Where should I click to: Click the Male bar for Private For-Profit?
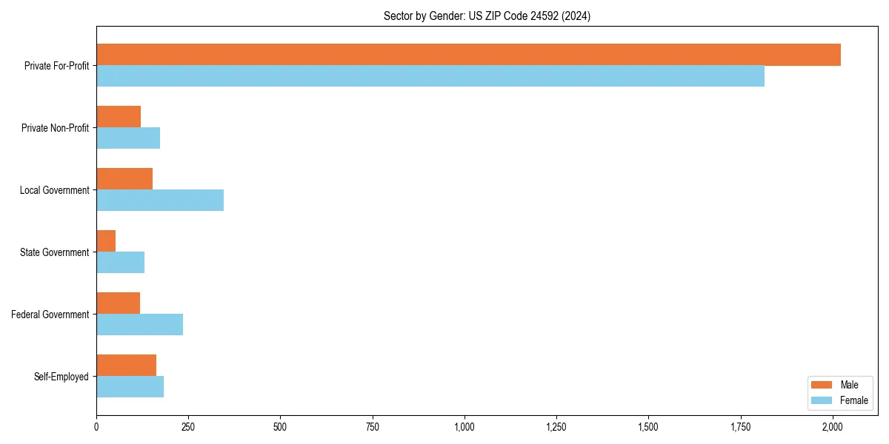pyautogui.click(x=468, y=55)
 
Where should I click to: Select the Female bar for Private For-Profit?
pyautogui.click(x=430, y=76)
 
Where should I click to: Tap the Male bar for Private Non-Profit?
pyautogui.click(x=119, y=117)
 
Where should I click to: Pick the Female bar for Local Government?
pyautogui.click(x=160, y=201)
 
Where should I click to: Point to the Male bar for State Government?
pyautogui.click(x=106, y=241)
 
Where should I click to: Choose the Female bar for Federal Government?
pyautogui.click(x=139, y=325)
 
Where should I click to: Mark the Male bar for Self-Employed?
pyautogui.click(x=126, y=366)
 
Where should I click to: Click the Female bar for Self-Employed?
pyautogui.click(x=130, y=387)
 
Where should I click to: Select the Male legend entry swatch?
pyautogui.click(x=822, y=385)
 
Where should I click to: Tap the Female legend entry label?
pyautogui.click(x=853, y=400)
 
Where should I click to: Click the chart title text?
pyautogui.click(x=487, y=16)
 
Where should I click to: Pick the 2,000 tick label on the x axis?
pyautogui.click(x=833, y=427)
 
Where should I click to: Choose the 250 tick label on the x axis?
pyautogui.click(x=188, y=427)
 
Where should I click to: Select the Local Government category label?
pyautogui.click(x=54, y=190)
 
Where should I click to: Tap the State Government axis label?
pyautogui.click(x=54, y=252)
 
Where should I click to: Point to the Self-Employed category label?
pyautogui.click(x=61, y=377)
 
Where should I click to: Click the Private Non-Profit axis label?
pyautogui.click(x=55, y=128)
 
